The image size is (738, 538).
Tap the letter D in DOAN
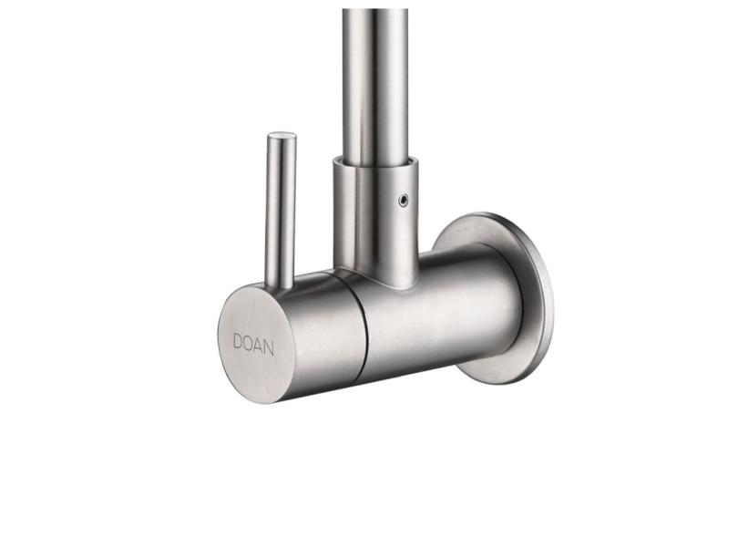tap(238, 342)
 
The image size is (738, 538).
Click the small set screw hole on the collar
tap(403, 201)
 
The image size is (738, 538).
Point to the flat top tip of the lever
tap(282, 136)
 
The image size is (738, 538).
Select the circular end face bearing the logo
tap(256, 345)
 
